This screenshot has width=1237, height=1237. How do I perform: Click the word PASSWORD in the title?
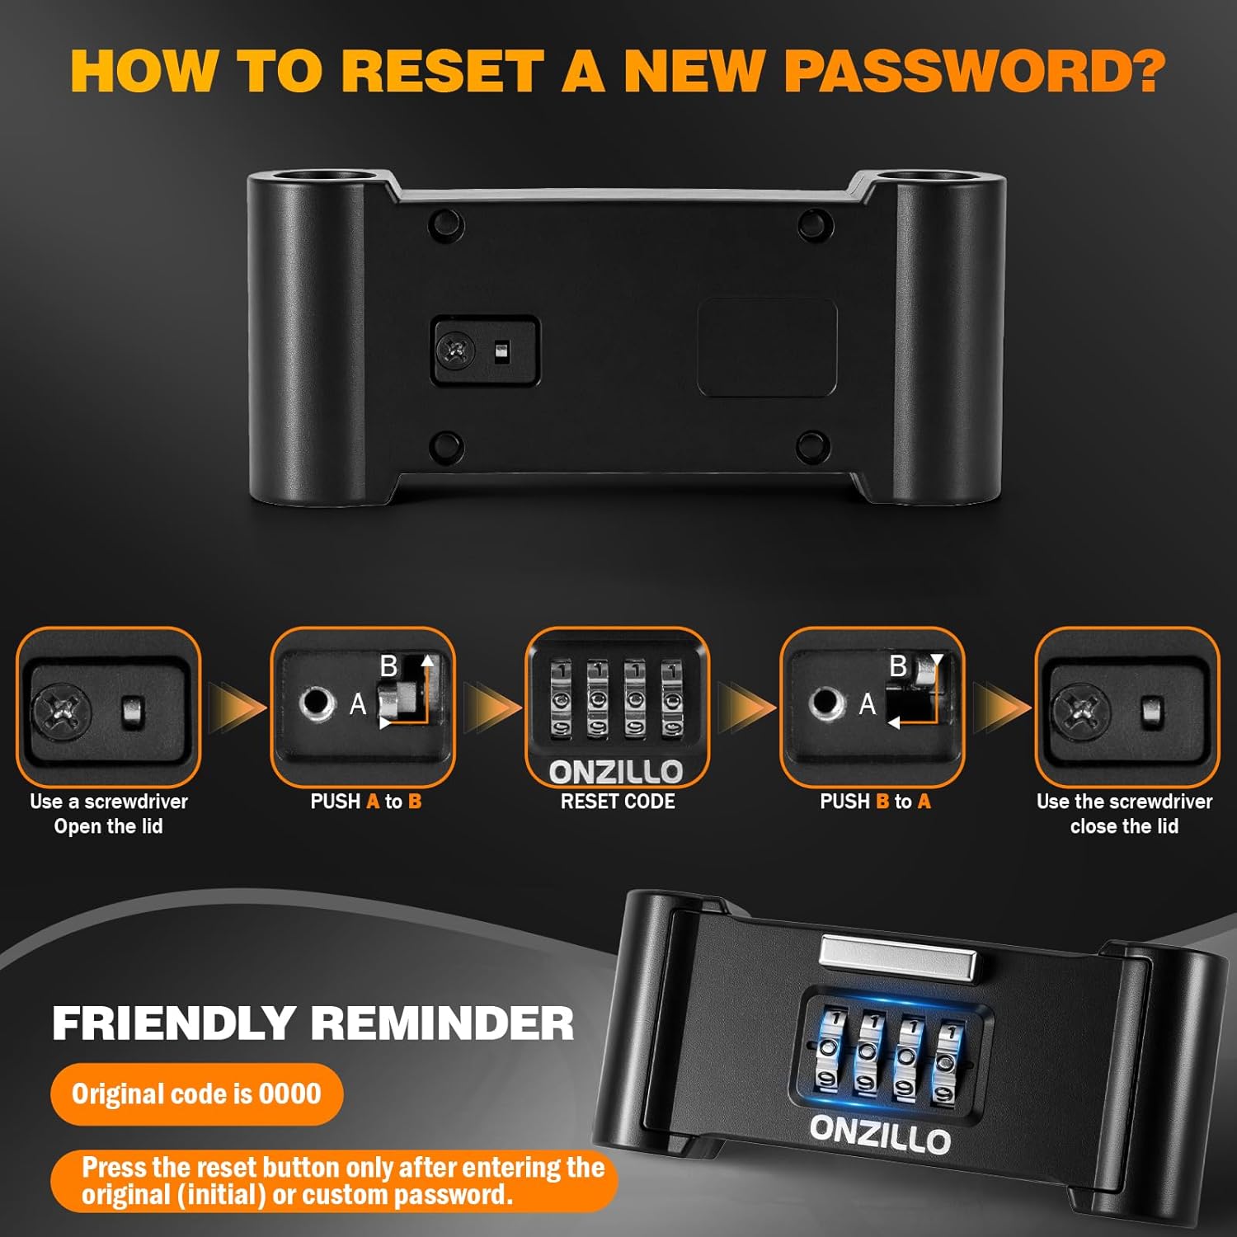(974, 71)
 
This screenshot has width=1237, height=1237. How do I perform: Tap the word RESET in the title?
(442, 71)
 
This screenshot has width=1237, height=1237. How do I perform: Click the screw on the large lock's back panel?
(456, 351)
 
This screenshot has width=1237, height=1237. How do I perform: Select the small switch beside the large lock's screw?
(501, 352)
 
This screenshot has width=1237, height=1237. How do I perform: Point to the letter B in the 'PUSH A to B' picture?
(388, 666)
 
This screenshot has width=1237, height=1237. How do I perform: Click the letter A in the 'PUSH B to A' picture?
(868, 704)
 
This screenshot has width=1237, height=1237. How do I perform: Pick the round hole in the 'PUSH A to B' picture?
(316, 703)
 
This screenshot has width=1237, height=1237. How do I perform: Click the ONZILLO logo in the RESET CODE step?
(616, 773)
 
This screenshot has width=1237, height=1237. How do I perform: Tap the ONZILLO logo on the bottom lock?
(880, 1134)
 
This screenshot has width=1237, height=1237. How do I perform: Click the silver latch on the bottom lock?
(898, 959)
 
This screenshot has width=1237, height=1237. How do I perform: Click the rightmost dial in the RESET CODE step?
(672, 698)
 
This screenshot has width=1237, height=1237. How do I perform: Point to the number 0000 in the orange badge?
(289, 1094)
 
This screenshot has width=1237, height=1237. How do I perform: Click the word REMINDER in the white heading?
(442, 1023)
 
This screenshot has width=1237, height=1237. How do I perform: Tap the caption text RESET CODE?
(618, 802)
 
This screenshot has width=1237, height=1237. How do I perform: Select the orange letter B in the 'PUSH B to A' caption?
(882, 802)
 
